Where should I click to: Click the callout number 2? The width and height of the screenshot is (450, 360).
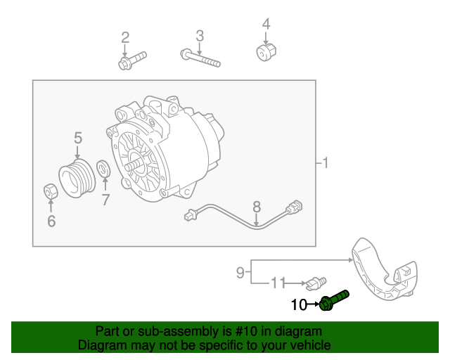pyautogui.click(x=125, y=37)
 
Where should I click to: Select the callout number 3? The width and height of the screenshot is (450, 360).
pyautogui.click(x=200, y=35)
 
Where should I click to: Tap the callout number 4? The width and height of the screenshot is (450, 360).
pyautogui.click(x=266, y=25)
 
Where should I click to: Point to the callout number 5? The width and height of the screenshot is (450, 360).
pyautogui.click(x=77, y=138)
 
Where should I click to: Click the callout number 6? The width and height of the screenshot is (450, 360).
pyautogui.click(x=51, y=222)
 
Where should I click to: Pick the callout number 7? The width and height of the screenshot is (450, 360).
pyautogui.click(x=105, y=200)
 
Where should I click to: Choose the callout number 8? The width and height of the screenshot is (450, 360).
pyautogui.click(x=257, y=207)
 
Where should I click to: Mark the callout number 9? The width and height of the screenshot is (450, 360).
pyautogui.click(x=240, y=271)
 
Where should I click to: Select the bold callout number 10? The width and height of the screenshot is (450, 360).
pyautogui.click(x=299, y=305)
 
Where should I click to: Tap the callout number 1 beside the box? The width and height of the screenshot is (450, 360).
pyautogui.click(x=325, y=164)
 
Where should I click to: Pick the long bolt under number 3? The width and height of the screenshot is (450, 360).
pyautogui.click(x=200, y=58)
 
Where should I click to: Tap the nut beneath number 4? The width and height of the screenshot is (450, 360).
pyautogui.click(x=266, y=51)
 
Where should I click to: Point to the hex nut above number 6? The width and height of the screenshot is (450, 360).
pyautogui.click(x=51, y=191)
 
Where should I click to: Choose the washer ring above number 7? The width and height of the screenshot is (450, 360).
pyautogui.click(x=103, y=169)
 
